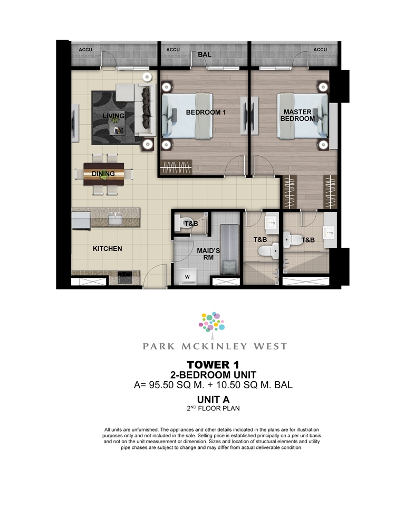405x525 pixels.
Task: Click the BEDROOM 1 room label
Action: [x=206, y=112]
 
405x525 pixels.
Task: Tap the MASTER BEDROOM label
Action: [x=297, y=115]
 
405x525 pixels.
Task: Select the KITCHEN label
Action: [x=108, y=249]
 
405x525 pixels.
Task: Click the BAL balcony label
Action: [x=204, y=54]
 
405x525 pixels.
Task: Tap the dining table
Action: [x=104, y=174]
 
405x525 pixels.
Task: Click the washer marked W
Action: [x=187, y=277]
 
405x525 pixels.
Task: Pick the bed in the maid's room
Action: [x=229, y=249]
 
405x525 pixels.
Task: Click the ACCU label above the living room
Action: [x=85, y=50]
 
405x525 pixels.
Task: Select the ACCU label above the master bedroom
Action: [x=320, y=50]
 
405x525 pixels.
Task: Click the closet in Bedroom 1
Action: [x=176, y=166]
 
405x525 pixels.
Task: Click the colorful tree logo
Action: [x=212, y=322]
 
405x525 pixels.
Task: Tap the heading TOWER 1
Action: [x=213, y=364]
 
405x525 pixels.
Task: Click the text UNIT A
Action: [x=214, y=399]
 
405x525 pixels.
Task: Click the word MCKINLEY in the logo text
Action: [x=215, y=346]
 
